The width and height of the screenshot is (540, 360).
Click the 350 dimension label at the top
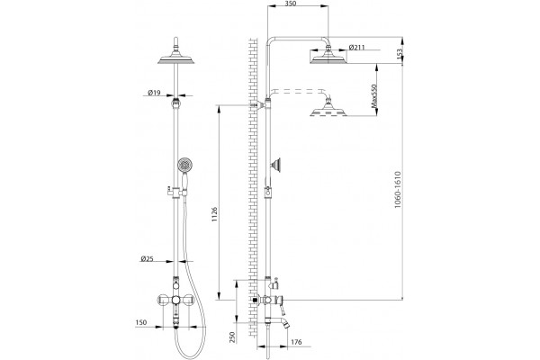(x=291, y=4)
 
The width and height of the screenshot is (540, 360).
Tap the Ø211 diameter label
(x=356, y=47)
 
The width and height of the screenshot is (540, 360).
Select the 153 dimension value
(x=400, y=54)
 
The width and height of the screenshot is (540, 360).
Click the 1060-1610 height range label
(x=398, y=190)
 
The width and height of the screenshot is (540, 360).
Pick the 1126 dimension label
(x=215, y=214)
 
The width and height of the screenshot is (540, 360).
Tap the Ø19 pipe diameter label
(x=154, y=93)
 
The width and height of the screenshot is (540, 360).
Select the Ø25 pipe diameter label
(x=147, y=258)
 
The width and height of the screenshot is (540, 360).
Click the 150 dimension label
(x=141, y=322)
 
